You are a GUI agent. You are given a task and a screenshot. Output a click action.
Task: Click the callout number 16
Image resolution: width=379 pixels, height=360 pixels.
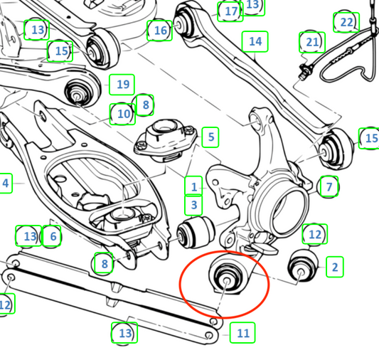pos(159,31)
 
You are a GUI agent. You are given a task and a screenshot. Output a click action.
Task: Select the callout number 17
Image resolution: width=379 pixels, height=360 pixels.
pos(230,11)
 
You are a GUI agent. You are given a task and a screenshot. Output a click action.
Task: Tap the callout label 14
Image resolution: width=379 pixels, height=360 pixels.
pos(255,41)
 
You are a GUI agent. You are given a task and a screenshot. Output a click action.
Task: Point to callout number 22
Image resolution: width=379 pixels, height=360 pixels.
pos(346,22)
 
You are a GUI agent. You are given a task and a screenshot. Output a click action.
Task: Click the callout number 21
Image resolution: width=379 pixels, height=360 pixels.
pos(312,42)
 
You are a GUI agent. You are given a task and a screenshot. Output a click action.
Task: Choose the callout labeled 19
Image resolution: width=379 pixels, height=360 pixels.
pos(122,85)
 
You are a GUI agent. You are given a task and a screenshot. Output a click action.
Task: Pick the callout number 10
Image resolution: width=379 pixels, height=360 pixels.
pos(122,114)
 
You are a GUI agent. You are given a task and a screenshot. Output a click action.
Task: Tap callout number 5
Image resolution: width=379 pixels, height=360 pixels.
pos(210,137)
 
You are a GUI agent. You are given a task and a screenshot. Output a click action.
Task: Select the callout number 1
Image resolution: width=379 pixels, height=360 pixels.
pos(193,186)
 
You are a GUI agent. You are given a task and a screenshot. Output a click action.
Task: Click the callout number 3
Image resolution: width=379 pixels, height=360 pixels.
pos(193,205)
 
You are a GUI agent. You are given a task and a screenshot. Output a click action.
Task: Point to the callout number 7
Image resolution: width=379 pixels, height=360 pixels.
pos(329,186)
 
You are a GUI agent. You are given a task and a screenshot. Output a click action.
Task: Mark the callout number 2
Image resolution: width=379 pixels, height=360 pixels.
pos(334,267)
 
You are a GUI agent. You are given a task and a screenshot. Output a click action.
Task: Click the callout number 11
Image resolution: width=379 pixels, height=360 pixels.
pos(242,333)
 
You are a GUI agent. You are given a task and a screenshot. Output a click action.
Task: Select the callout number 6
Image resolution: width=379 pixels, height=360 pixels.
pos(52,236)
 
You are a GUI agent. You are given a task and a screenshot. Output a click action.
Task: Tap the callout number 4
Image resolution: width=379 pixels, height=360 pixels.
pos(5,184)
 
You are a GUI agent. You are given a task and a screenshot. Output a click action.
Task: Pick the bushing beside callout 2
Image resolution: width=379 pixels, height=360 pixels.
pos(303,266)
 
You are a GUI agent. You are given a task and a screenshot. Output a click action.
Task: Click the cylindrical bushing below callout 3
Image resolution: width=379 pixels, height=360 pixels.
pos(196,233)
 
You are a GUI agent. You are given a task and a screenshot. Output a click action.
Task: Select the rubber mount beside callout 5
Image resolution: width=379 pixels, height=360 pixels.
pos(166,140)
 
